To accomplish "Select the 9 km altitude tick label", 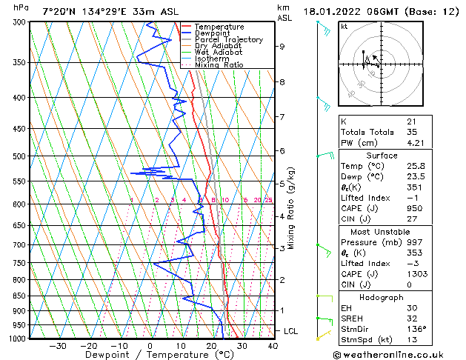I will tap(282, 46).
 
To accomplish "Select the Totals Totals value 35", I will tap(411, 133).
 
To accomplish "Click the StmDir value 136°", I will tap(417, 329).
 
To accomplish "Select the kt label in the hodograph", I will tap(344, 26).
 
